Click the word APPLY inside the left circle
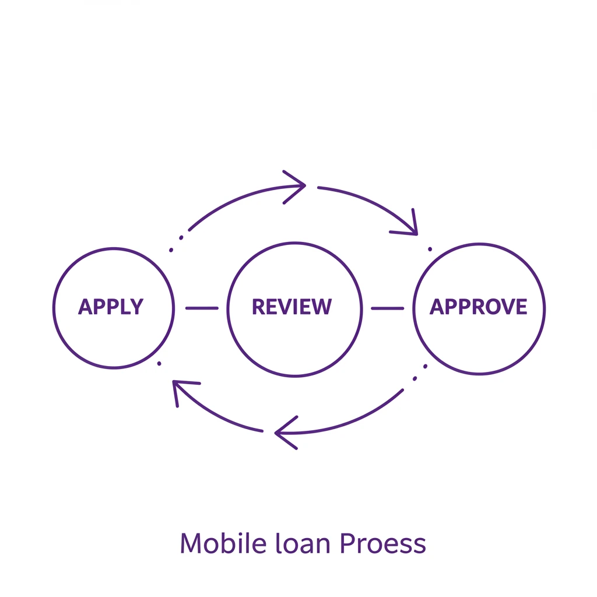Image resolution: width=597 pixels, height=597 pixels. pos(111,307)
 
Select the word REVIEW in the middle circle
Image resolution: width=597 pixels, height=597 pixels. pos(292,307)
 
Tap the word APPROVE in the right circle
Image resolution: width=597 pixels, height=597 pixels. pos(478,307)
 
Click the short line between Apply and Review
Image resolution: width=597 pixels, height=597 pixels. pos(202,308)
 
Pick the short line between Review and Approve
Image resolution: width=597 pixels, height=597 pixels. pos(387,308)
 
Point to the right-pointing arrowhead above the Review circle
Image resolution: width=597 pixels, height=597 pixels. pos(297,187)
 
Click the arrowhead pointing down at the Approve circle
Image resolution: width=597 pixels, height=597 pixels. pos(410,226)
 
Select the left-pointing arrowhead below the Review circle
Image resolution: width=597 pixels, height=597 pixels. pos(283,433)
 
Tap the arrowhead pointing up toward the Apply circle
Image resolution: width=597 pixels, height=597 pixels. pos(181,388)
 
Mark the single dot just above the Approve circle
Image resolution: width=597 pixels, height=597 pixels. pos(430,249)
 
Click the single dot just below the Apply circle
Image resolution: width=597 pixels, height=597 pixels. pos(159,364)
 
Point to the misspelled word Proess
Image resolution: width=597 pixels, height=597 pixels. pos(382,543)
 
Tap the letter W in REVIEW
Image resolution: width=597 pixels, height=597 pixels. pos(321,307)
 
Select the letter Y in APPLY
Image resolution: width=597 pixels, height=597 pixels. pos(137,307)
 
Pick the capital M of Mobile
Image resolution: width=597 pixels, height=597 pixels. pos(191,543)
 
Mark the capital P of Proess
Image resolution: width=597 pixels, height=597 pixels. pos(346,543)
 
